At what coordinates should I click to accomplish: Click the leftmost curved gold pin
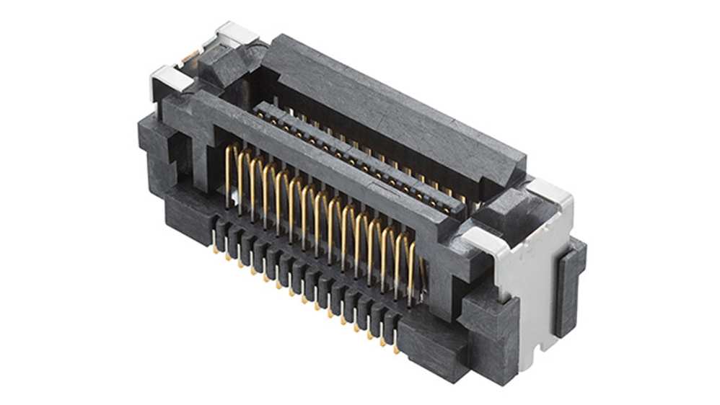click(x=231, y=166)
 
